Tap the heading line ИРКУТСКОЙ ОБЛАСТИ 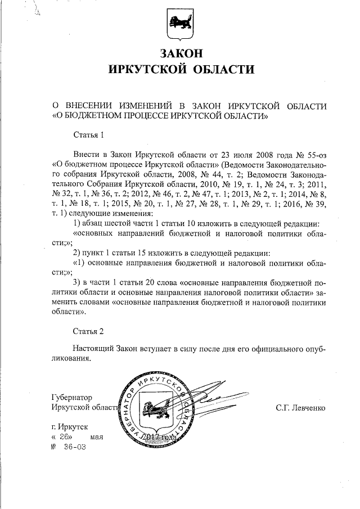180,70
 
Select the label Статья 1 89,136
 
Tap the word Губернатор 71,397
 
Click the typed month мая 97,437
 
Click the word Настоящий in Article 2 93,350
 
